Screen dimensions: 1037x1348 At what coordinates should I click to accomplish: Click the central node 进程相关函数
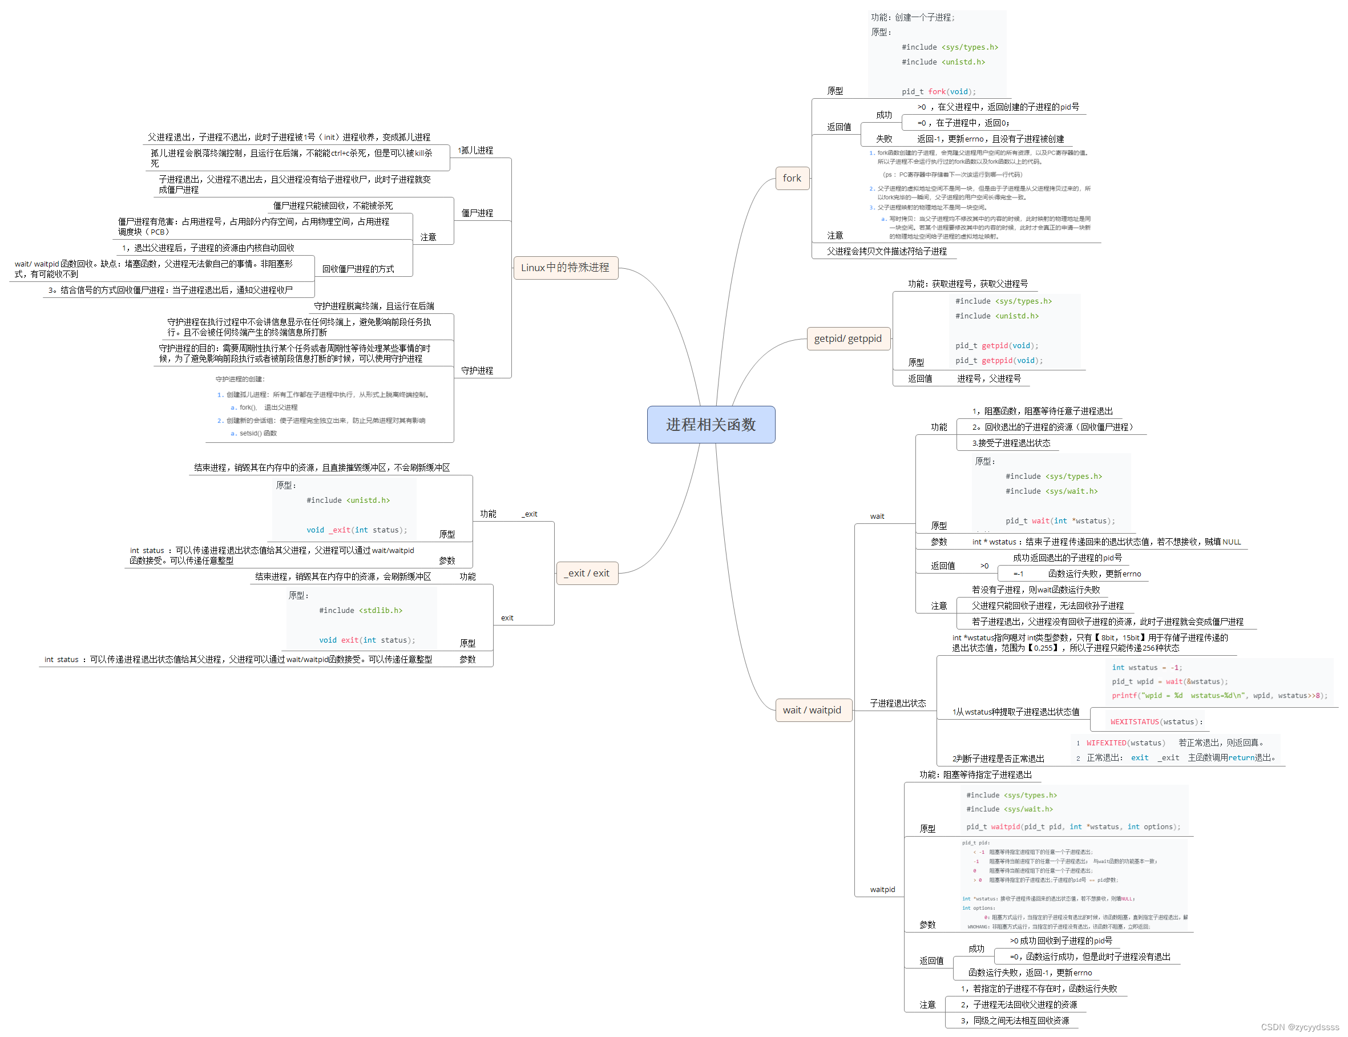pos(711,425)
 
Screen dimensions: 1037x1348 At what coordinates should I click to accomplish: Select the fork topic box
pos(792,179)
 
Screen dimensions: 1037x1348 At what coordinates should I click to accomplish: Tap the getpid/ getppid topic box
pos(847,339)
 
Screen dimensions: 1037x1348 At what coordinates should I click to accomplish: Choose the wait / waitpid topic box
pos(812,710)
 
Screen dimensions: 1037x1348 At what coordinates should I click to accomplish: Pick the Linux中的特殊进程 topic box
pos(565,267)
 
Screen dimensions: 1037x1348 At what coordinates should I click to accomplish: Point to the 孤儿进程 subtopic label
pos(476,151)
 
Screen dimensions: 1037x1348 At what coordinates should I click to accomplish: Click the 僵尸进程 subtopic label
pos(477,213)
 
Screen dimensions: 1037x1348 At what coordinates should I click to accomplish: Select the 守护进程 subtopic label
pos(477,370)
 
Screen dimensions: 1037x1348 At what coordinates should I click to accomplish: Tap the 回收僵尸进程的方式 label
pos(358,269)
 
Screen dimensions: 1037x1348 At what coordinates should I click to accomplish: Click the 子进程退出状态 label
pos(898,703)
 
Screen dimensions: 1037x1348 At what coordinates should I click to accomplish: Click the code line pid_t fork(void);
pos(938,92)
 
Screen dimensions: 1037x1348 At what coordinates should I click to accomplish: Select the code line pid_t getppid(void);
pos(999,361)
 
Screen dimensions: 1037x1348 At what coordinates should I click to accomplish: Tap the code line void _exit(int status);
pos(356,530)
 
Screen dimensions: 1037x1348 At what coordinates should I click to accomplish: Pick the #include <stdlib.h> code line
pos(361,611)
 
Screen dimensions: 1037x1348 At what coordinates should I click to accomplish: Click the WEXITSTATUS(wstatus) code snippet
pos(1156,721)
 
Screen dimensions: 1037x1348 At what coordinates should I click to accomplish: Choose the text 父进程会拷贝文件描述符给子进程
pos(886,251)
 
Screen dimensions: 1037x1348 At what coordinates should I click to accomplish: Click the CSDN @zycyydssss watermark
pos(1299,1027)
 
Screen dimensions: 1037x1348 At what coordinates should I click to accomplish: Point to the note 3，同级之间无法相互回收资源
pos(1015,1021)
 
